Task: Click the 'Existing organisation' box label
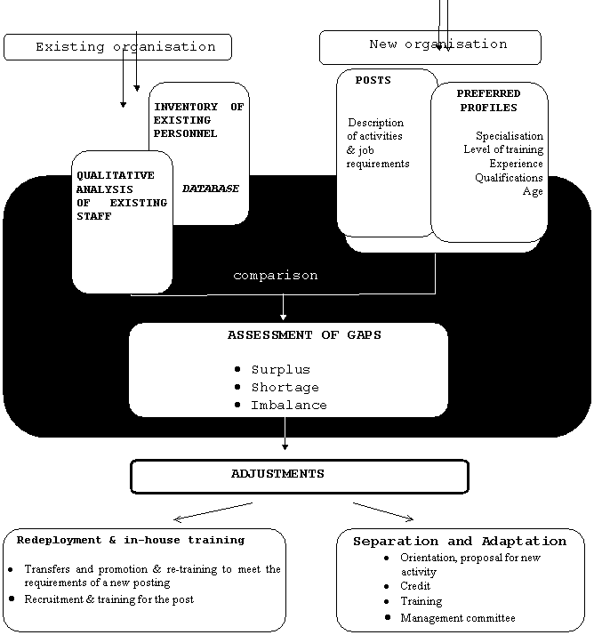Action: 125,47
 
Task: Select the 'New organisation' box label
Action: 437,44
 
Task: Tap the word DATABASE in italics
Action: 211,189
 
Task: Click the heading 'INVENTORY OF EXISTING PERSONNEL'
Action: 198,120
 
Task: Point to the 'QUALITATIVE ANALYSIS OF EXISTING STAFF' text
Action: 121,196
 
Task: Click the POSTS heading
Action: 373,81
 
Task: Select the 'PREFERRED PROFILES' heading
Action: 488,100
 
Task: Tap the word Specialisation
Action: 509,136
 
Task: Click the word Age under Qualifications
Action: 533,191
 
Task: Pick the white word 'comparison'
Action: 275,276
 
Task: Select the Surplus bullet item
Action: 280,369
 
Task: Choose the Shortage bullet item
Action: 285,387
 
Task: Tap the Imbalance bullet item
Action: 288,405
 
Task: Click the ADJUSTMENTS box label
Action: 277,474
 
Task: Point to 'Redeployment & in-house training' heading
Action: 131,540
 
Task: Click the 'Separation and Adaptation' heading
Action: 459,541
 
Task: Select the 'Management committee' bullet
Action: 457,618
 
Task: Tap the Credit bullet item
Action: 415,587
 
